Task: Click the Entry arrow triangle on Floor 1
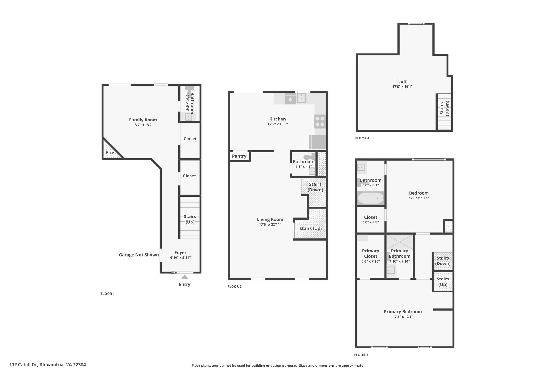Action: click(x=185, y=277)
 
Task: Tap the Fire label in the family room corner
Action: click(x=110, y=153)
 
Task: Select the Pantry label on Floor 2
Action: click(x=239, y=156)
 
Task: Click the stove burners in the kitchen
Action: click(x=320, y=121)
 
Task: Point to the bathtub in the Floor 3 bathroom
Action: click(x=371, y=198)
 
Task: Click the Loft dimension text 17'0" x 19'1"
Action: click(x=402, y=87)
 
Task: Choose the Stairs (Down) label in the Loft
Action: click(x=445, y=108)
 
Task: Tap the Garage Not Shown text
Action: click(x=139, y=255)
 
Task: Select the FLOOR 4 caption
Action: click(x=362, y=138)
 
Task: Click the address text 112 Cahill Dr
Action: click(x=24, y=365)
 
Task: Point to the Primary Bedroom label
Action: click(x=403, y=312)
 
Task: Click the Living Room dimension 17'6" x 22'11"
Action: click(x=270, y=225)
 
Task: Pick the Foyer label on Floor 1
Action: click(x=181, y=253)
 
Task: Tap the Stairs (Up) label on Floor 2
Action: click(x=311, y=229)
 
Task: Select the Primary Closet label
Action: click(x=371, y=254)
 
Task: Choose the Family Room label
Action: click(x=143, y=120)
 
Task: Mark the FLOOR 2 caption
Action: click(x=235, y=286)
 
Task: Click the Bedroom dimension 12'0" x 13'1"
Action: click(x=419, y=198)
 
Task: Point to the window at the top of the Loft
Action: click(x=416, y=24)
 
